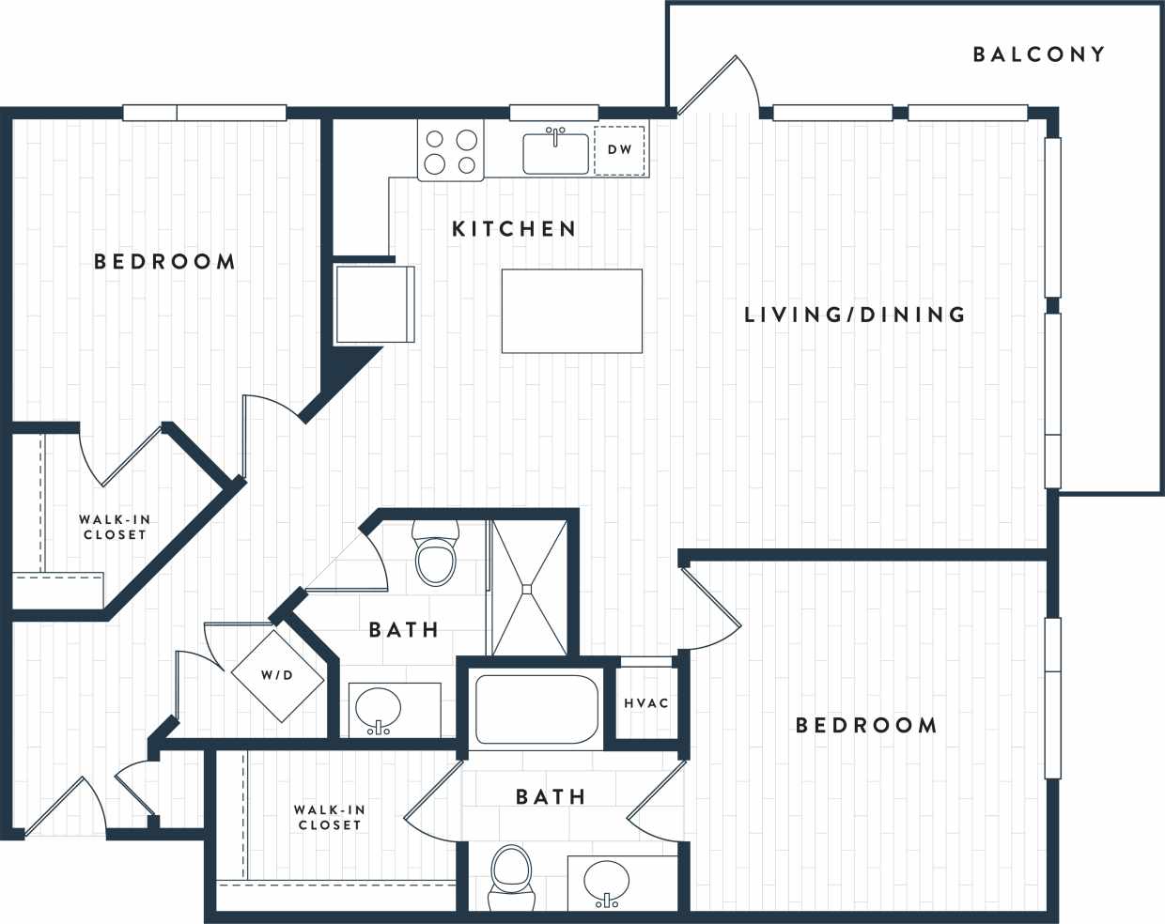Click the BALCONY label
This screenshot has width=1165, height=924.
pyautogui.click(x=1038, y=54)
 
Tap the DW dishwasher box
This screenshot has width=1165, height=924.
pyautogui.click(x=619, y=150)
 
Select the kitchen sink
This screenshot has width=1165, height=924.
pyautogui.click(x=555, y=153)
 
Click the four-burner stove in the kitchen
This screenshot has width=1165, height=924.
pyautogui.click(x=451, y=151)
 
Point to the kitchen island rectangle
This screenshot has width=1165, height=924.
pyautogui.click(x=571, y=311)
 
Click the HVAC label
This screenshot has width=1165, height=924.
pyautogui.click(x=646, y=703)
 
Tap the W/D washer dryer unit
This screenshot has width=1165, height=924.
pyautogui.click(x=277, y=675)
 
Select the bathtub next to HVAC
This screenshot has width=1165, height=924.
pyautogui.click(x=536, y=709)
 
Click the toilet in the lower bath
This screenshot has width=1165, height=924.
pyautogui.click(x=512, y=877)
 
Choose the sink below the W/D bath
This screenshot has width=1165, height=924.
pyautogui.click(x=378, y=710)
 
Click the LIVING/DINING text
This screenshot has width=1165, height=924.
pyautogui.click(x=854, y=315)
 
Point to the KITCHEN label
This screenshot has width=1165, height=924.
pyautogui.click(x=514, y=228)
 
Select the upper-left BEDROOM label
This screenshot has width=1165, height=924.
pyautogui.click(x=164, y=261)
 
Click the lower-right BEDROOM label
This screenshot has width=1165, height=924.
pyautogui.click(x=865, y=725)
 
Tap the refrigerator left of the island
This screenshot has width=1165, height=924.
pyautogui.click(x=375, y=303)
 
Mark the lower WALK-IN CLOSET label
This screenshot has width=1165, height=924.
pyautogui.click(x=329, y=817)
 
